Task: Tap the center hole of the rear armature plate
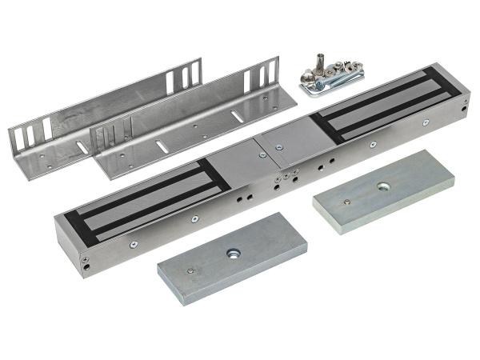(x=380, y=186)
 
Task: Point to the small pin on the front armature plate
(x=190, y=270)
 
